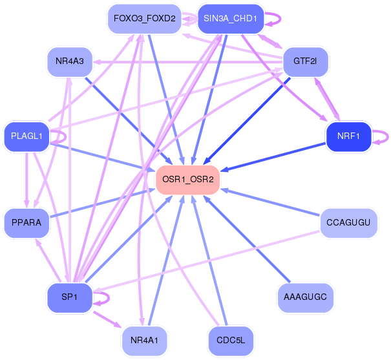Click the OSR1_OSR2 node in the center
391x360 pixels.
point(187,180)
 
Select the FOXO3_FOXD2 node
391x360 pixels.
point(144,19)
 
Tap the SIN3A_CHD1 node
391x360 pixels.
point(231,19)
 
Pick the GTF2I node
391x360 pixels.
point(305,61)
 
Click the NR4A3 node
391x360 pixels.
point(70,61)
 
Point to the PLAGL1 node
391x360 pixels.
point(26,136)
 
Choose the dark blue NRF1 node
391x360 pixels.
point(348,136)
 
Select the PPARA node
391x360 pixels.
point(26,222)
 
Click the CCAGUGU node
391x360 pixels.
point(348,222)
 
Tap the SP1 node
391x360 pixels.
point(70,297)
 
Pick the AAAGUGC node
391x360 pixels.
point(305,297)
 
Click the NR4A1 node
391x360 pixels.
point(144,341)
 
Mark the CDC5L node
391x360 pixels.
point(231,341)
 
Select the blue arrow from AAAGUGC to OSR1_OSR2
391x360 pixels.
point(247,239)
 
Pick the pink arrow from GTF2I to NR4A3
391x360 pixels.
point(187,62)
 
